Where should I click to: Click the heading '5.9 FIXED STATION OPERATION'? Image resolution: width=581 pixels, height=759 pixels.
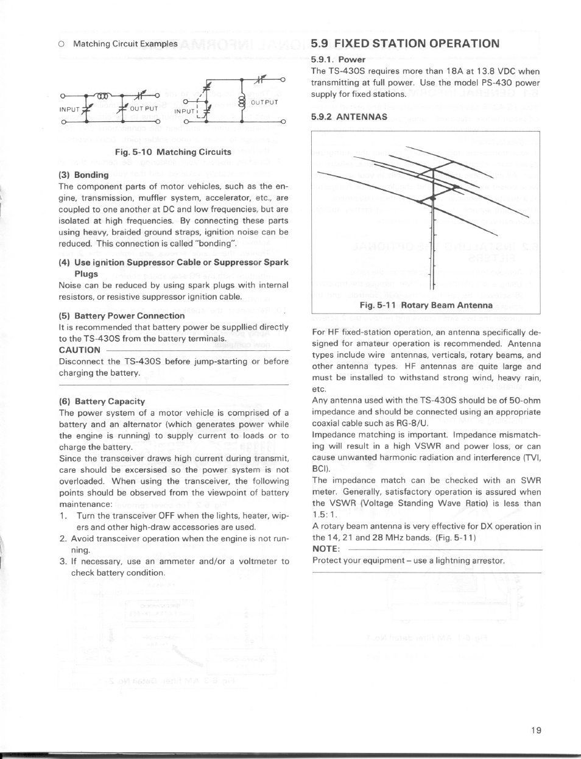click(404, 43)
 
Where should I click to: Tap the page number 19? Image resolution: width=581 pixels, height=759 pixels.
click(536, 730)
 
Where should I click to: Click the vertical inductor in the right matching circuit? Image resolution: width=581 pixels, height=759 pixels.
click(242, 101)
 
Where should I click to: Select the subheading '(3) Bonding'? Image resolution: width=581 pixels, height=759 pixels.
click(83, 175)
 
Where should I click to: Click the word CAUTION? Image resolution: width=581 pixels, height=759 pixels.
click(79, 350)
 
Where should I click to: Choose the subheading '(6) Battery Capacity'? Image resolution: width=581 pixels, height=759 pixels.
click(102, 401)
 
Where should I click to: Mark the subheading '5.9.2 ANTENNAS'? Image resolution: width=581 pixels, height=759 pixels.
click(348, 116)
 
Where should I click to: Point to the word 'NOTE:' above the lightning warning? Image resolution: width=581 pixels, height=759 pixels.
click(325, 549)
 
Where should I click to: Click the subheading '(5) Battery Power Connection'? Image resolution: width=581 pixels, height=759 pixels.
click(122, 316)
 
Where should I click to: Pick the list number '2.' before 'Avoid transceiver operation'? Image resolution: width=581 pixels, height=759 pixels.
click(63, 538)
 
